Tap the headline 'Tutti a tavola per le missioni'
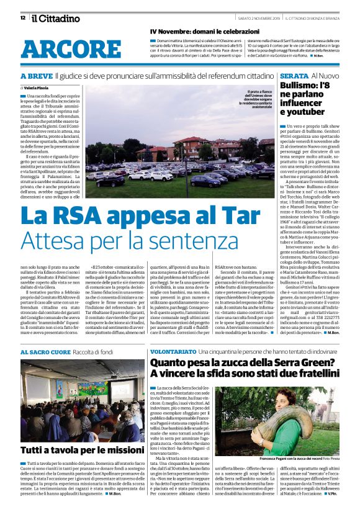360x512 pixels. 73,450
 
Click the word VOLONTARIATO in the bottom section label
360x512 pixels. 175,351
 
